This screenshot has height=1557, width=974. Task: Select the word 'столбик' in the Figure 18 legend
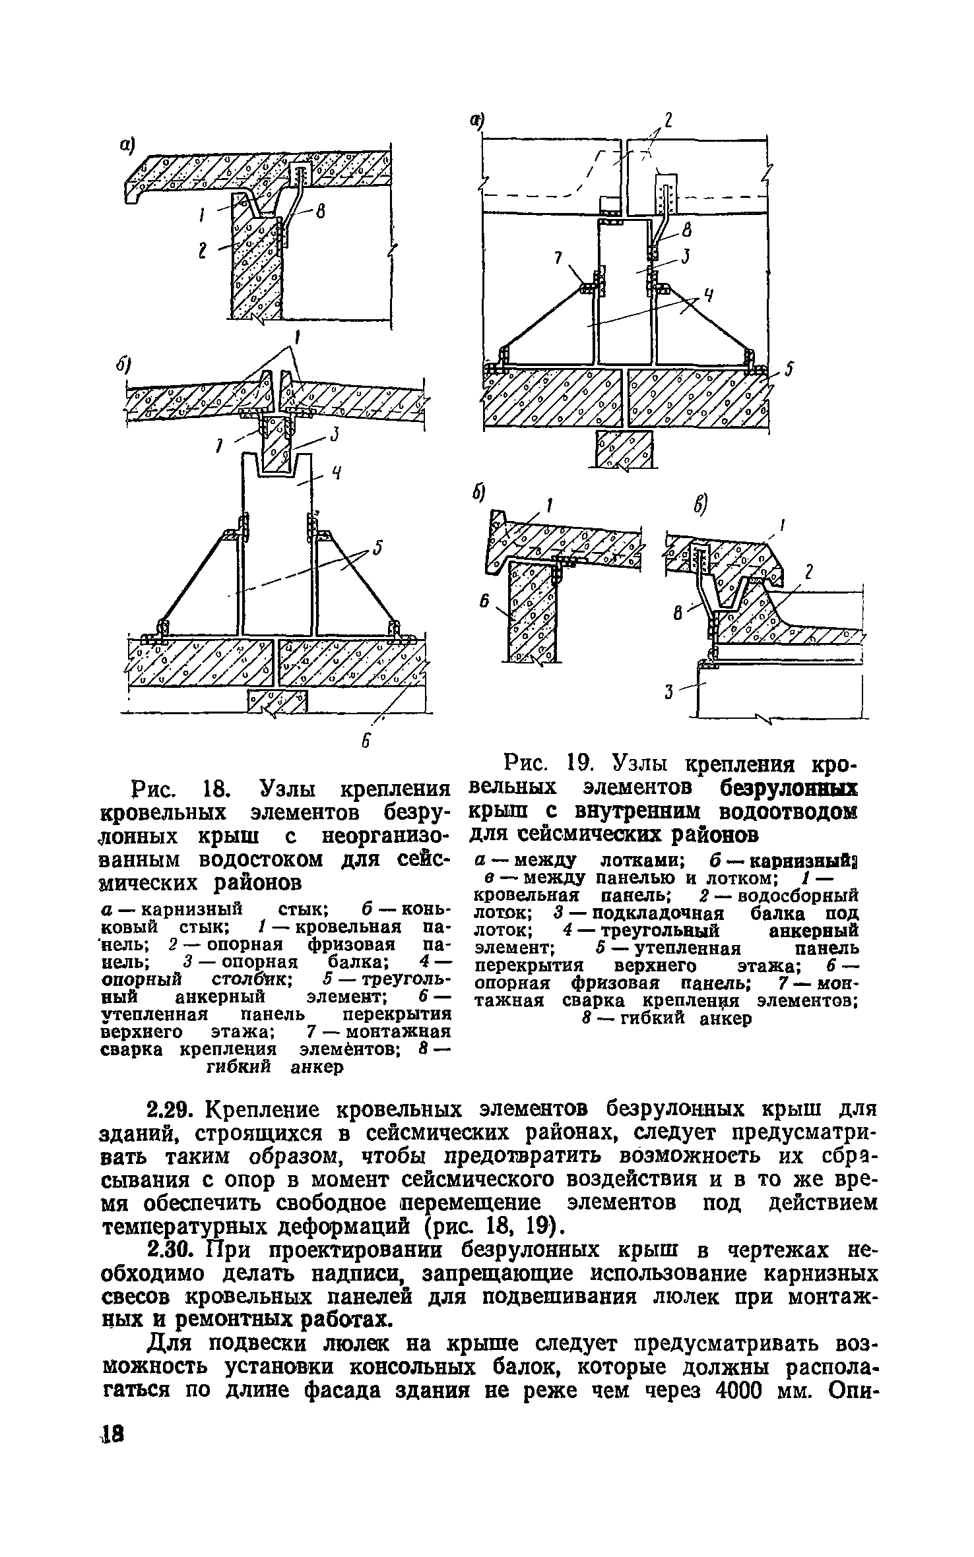(256, 978)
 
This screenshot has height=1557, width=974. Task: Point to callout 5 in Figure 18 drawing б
(377, 549)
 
